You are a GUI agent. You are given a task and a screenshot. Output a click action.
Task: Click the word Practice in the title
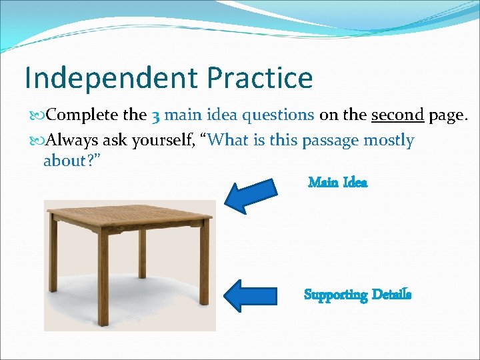tap(259, 78)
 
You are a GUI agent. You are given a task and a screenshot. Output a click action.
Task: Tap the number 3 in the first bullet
tap(155, 116)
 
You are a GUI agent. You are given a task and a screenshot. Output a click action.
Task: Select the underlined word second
tap(397, 115)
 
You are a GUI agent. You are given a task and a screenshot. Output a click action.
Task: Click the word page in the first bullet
tap(447, 116)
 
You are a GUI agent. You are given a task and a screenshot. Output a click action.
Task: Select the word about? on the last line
tap(71, 161)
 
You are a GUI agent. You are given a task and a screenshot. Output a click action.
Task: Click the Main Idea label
tap(337, 182)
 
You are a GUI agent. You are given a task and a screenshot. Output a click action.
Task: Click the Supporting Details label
tap(357, 294)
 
